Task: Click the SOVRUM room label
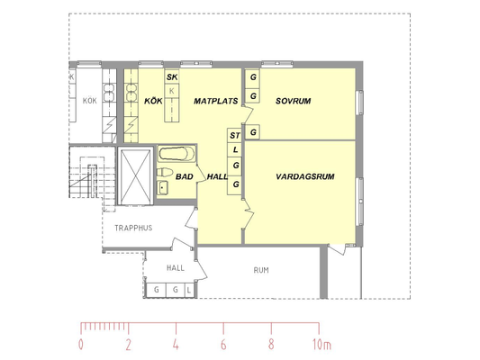point(293,101)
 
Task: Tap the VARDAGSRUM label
point(305,176)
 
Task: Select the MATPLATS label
point(216,101)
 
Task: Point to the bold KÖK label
point(153,101)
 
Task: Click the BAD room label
point(185,176)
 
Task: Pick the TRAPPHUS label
point(133,228)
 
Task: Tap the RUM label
point(261,270)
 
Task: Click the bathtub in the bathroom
point(177,154)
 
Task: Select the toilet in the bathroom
point(165,172)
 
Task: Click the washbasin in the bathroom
point(162,187)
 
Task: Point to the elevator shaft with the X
point(135,176)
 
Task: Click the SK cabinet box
point(172,77)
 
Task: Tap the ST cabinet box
point(235,135)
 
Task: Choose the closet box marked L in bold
point(235,149)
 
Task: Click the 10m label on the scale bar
point(322,345)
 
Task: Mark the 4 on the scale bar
point(176,345)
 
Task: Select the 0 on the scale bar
point(80,345)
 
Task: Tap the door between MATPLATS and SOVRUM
point(248,114)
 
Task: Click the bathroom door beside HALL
point(201,174)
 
